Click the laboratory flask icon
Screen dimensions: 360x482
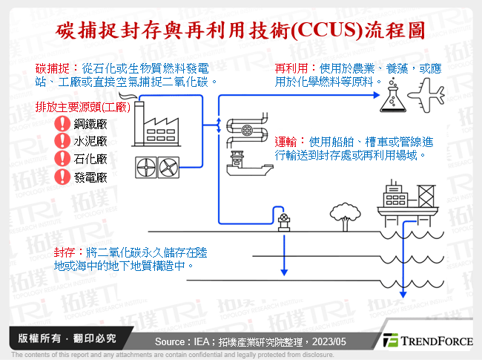tap(390, 100)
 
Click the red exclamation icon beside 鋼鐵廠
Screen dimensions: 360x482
tap(62, 124)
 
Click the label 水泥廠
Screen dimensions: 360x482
tap(90, 142)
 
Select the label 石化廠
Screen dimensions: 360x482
tap(90, 160)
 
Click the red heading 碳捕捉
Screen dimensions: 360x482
tap(51, 68)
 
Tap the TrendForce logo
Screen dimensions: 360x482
tap(427, 341)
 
